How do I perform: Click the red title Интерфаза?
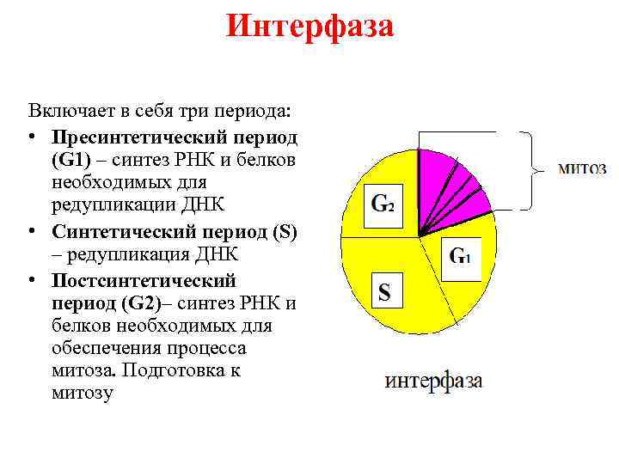point(309,27)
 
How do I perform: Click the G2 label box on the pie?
point(383,205)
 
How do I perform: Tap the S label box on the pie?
point(384,292)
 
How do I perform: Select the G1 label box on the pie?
point(461,255)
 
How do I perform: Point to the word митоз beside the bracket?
point(582,168)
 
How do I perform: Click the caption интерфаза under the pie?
point(433,381)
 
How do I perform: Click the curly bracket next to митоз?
point(531,170)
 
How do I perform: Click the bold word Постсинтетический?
point(144,280)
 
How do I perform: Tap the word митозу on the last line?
point(82,394)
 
